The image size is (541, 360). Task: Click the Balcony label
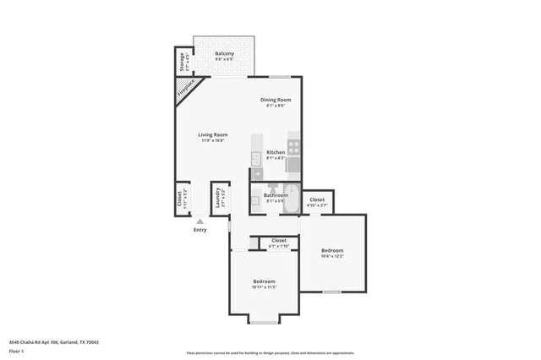(224, 53)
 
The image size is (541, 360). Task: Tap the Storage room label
(181, 63)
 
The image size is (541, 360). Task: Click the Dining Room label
(276, 100)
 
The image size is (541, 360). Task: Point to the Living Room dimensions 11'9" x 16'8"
(214, 141)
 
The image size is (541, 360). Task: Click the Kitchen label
(276, 152)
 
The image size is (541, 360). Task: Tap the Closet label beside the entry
(180, 199)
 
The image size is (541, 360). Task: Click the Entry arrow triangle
(199, 221)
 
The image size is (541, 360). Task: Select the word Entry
(199, 230)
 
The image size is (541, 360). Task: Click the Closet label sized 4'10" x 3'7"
(317, 199)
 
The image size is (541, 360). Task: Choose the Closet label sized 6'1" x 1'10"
(278, 240)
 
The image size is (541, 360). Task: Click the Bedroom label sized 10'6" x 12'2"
(332, 250)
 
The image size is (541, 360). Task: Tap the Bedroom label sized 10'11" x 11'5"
(264, 281)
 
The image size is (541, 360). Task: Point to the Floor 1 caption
(16, 350)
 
